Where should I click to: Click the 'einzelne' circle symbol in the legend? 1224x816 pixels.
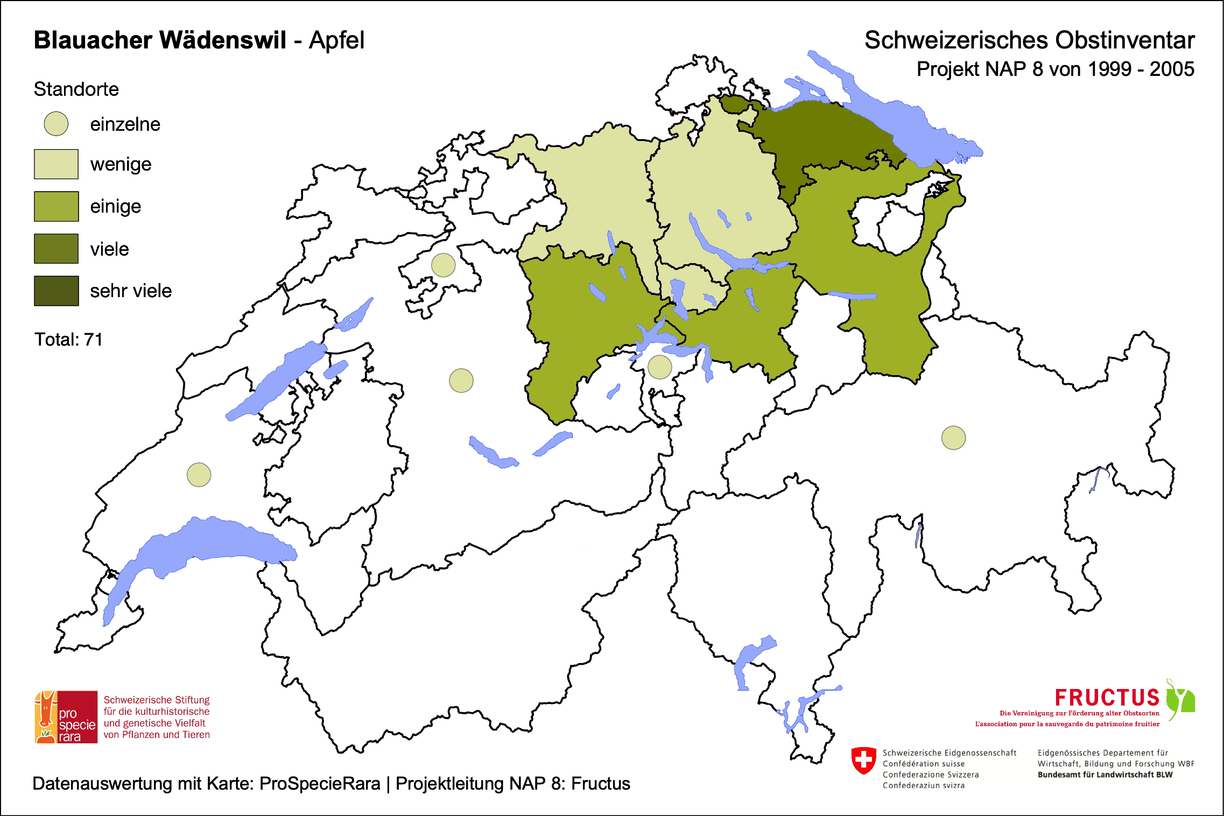pyautogui.click(x=56, y=124)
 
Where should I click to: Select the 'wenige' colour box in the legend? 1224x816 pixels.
pyautogui.click(x=56, y=164)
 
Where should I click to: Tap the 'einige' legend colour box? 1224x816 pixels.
pyautogui.click(x=56, y=206)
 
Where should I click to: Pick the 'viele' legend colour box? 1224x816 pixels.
pyautogui.click(x=56, y=249)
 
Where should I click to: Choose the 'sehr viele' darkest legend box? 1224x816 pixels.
pyautogui.click(x=56, y=291)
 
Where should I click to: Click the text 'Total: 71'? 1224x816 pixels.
pyautogui.click(x=68, y=340)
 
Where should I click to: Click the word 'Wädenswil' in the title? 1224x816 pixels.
pyautogui.click(x=223, y=40)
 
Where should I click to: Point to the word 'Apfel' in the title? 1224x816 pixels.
pyautogui.click(x=336, y=40)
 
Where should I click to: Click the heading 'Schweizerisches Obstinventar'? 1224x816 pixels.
pyautogui.click(x=1029, y=40)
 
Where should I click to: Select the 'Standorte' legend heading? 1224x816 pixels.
pyautogui.click(x=76, y=89)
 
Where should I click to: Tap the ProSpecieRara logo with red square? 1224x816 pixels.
pyautogui.click(x=66, y=717)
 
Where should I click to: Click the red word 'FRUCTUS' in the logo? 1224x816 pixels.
pyautogui.click(x=1107, y=698)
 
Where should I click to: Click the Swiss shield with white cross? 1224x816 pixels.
pyautogui.click(x=863, y=760)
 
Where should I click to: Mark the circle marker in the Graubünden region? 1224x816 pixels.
pyautogui.click(x=953, y=438)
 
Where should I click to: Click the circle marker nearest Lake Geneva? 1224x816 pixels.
pyautogui.click(x=199, y=475)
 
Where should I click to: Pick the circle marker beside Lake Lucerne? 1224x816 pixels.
pyautogui.click(x=659, y=367)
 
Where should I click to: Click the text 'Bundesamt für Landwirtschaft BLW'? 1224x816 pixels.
pyautogui.click(x=1105, y=775)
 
